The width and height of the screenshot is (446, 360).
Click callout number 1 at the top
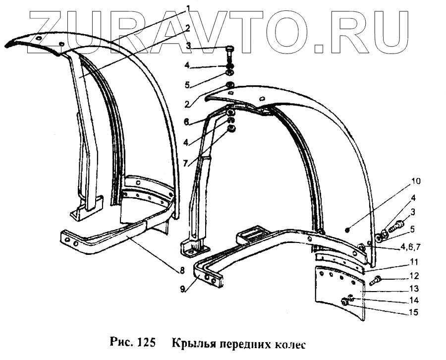tap(189, 8)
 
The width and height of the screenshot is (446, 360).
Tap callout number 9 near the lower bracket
tap(184, 289)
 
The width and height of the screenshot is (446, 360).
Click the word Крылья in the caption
tap(194, 344)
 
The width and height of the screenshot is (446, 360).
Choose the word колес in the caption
tap(286, 344)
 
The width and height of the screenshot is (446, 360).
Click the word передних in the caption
tap(243, 344)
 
